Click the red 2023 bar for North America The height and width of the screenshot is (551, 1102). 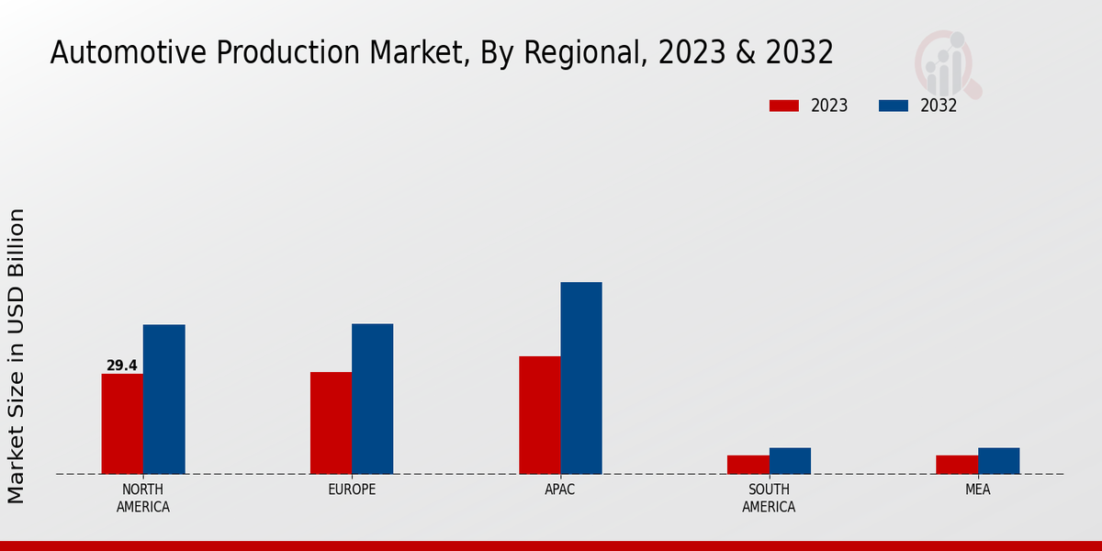click(x=122, y=423)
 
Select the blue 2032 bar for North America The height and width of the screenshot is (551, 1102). click(x=163, y=399)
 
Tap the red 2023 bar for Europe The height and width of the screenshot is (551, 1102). click(x=331, y=422)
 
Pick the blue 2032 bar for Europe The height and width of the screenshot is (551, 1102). click(x=372, y=399)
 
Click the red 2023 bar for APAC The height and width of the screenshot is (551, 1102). click(x=539, y=415)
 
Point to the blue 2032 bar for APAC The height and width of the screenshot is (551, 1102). click(x=581, y=377)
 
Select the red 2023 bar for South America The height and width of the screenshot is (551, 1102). click(x=748, y=465)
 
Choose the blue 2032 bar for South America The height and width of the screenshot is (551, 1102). click(x=790, y=461)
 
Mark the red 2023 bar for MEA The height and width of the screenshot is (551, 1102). click(x=957, y=465)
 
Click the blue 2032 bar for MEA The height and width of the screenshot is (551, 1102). click(x=998, y=461)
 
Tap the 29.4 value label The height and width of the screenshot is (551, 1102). click(x=122, y=365)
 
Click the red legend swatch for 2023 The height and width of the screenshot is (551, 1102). click(x=784, y=106)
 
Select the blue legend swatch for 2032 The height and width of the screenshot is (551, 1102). click(x=894, y=106)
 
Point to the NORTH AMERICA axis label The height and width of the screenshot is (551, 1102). click(x=143, y=498)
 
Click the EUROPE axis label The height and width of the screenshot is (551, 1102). click(x=352, y=489)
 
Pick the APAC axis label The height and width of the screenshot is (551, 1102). click(x=560, y=489)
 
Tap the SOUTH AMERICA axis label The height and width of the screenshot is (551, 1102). click(x=769, y=498)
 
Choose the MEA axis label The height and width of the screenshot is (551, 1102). click(x=977, y=489)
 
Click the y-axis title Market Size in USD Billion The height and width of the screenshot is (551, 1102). click(x=17, y=355)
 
